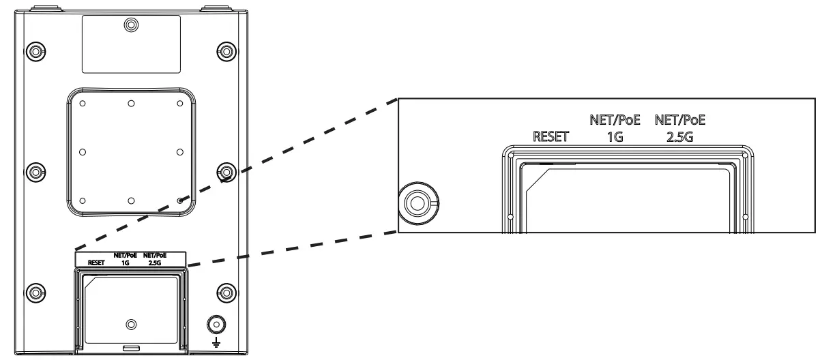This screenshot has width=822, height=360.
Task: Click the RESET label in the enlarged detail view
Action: point(550,136)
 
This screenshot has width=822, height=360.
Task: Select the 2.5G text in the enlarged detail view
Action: point(679,136)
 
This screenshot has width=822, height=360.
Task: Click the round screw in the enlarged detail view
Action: point(416,202)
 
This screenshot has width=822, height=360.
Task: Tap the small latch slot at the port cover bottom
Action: point(132,348)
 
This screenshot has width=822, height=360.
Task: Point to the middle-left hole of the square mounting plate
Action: point(83,151)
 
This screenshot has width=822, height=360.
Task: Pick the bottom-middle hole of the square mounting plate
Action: point(131,200)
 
